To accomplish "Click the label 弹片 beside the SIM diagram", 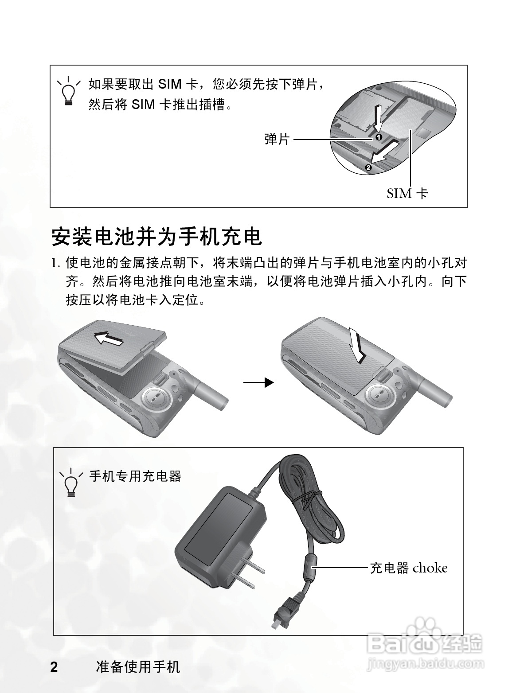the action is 278,139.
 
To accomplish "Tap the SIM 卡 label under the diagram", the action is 407,193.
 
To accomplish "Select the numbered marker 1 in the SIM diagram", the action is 379,137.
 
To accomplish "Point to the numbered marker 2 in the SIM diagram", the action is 368,167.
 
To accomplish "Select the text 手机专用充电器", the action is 135,476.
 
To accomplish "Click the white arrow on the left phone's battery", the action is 109,339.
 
